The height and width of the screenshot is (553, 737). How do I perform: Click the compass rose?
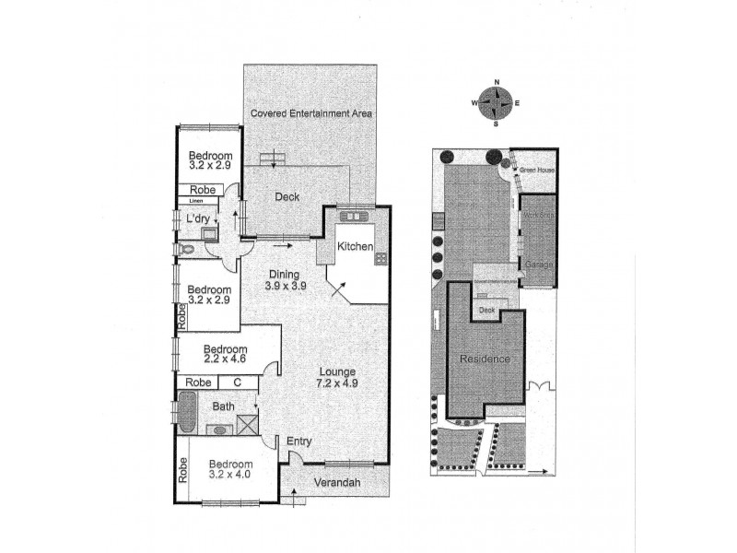497,102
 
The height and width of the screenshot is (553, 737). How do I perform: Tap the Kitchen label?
354,247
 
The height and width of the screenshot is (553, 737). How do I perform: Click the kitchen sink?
352,217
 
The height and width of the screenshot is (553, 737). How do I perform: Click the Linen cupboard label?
195,200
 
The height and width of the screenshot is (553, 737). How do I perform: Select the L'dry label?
197,218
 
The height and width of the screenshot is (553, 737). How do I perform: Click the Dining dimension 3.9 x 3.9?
287,285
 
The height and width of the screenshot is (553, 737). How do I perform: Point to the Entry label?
299,442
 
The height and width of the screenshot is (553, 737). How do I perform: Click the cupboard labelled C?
237,382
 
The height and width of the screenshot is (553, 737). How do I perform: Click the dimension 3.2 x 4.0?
229,475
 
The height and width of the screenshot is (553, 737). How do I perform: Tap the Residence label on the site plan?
485,359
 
